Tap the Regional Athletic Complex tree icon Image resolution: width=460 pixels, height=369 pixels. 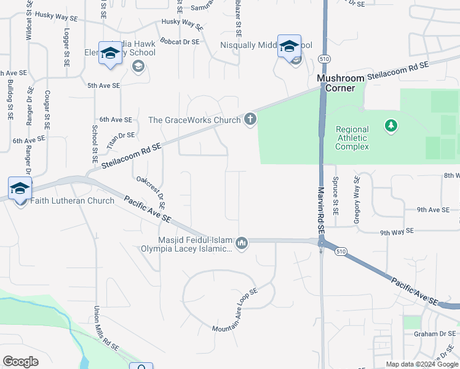pyautogui.click(x=391, y=126)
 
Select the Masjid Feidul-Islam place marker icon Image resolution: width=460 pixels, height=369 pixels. pyautogui.click(x=242, y=244)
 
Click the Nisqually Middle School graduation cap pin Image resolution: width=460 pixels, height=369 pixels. pyautogui.click(x=289, y=47)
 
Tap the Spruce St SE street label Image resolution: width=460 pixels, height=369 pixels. pyautogui.click(x=335, y=197)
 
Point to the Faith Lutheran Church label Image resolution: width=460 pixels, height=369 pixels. pyautogui.click(x=73, y=200)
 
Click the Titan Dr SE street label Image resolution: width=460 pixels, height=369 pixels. pyautogui.click(x=121, y=139)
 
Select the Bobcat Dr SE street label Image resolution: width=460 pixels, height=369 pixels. pyautogui.click(x=180, y=42)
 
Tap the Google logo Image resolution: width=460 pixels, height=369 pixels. pyautogui.click(x=20, y=361)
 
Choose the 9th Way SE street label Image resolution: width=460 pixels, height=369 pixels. pyautogui.click(x=398, y=232)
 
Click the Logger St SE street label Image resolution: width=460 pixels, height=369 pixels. pyautogui.click(x=66, y=44)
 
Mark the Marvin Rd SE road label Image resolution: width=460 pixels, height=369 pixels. pyautogui.click(x=320, y=209)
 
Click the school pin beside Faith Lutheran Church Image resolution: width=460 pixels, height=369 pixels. pyautogui.click(x=20, y=189)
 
